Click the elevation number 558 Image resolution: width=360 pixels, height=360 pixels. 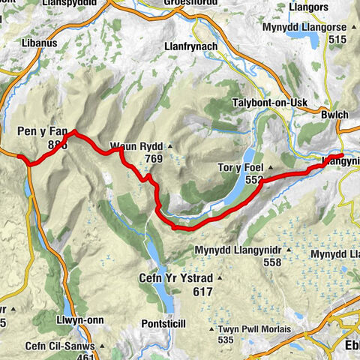click(x=271, y=262)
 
